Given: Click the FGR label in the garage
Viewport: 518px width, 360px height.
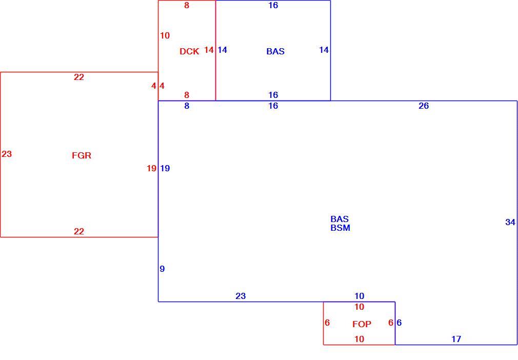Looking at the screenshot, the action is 82,155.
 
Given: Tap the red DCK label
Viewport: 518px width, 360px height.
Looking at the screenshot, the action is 189,51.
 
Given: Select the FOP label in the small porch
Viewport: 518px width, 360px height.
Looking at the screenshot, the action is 362,324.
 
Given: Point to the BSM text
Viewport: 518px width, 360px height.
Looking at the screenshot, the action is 340,228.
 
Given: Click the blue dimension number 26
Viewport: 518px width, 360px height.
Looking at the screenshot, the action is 424,106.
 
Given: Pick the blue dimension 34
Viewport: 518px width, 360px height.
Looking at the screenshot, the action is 510,222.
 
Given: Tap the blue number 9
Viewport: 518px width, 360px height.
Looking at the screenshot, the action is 162,269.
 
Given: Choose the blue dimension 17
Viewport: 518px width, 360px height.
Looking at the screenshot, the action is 456,339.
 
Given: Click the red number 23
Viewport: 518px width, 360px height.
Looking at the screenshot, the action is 7,154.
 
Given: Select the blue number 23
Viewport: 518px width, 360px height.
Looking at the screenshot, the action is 241,296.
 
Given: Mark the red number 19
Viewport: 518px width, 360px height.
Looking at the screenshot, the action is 151,168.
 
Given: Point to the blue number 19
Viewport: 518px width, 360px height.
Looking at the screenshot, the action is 165,168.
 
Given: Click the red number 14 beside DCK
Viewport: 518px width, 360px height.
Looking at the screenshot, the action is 209,50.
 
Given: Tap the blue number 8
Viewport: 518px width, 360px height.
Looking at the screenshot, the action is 187,106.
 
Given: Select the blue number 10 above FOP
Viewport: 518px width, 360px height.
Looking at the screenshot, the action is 359,296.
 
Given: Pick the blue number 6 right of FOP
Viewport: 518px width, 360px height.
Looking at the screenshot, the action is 399,323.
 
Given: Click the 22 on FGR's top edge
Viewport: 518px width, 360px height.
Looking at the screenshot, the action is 78,77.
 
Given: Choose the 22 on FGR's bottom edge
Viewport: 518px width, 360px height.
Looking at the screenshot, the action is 78,231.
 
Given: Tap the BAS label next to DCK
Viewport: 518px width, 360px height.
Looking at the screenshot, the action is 275,51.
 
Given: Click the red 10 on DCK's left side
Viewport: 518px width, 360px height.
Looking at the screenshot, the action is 165,35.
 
